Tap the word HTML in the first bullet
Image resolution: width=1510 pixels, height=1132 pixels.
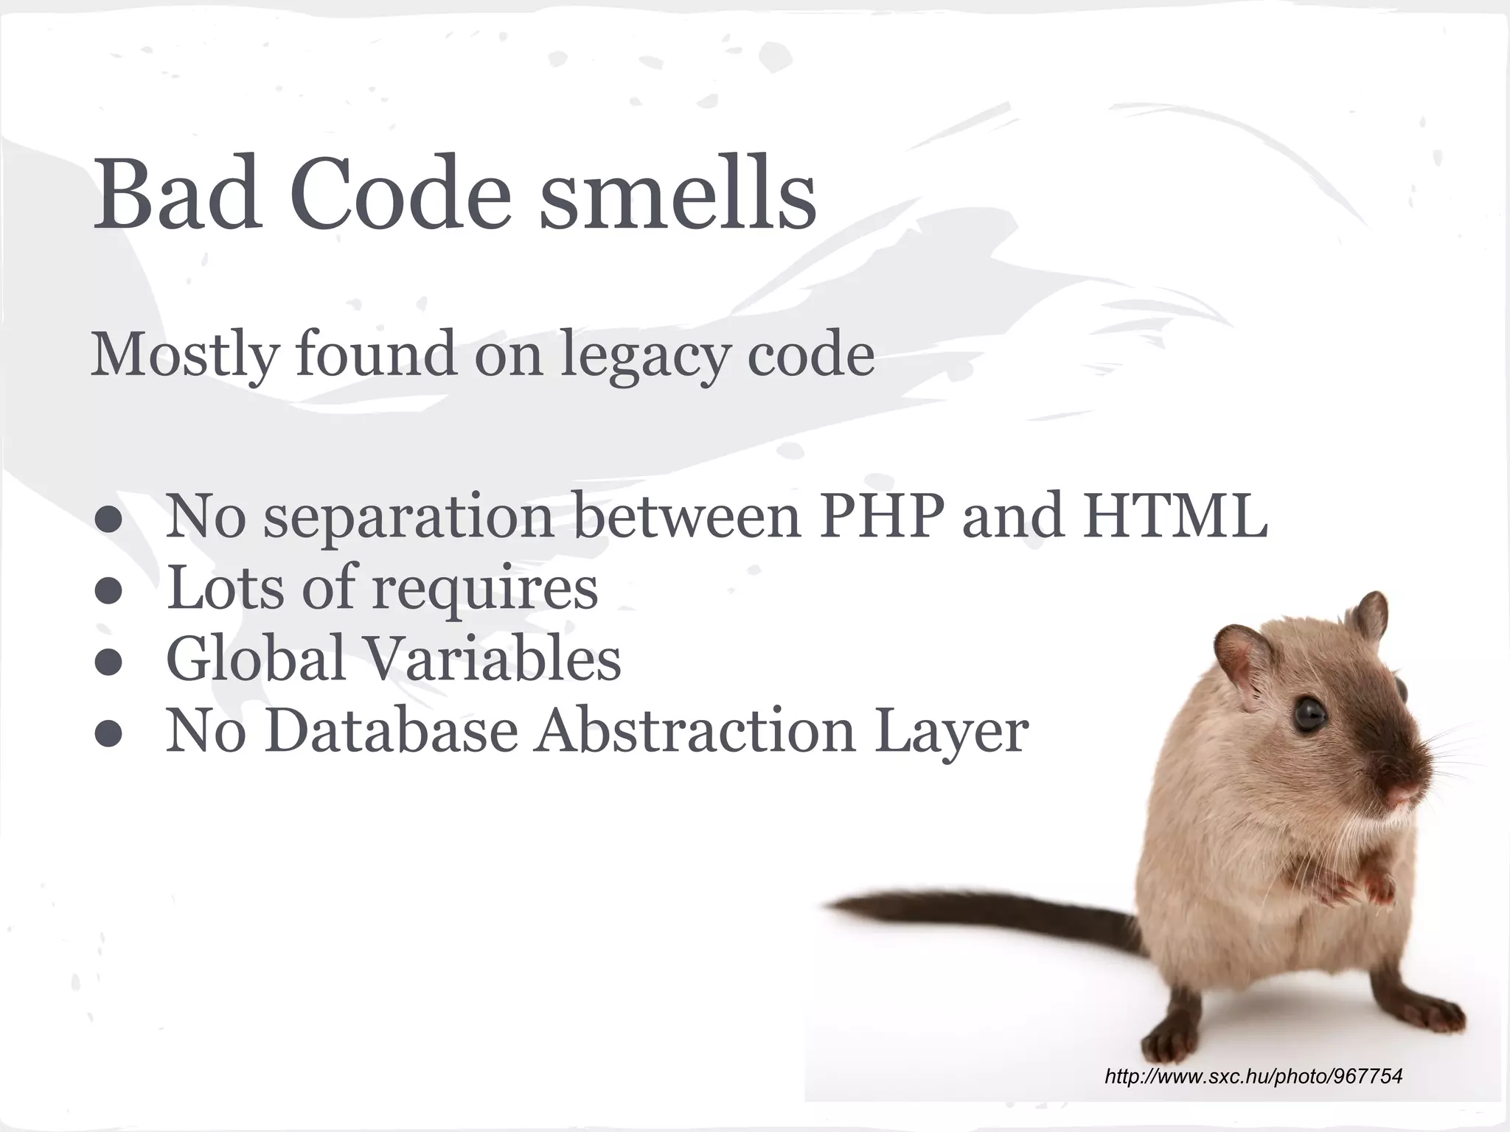tap(1175, 516)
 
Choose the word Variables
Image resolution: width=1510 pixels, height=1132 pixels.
tap(493, 658)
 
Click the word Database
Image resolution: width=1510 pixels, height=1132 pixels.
tap(392, 731)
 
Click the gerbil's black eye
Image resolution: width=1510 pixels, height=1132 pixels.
tap(1309, 713)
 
